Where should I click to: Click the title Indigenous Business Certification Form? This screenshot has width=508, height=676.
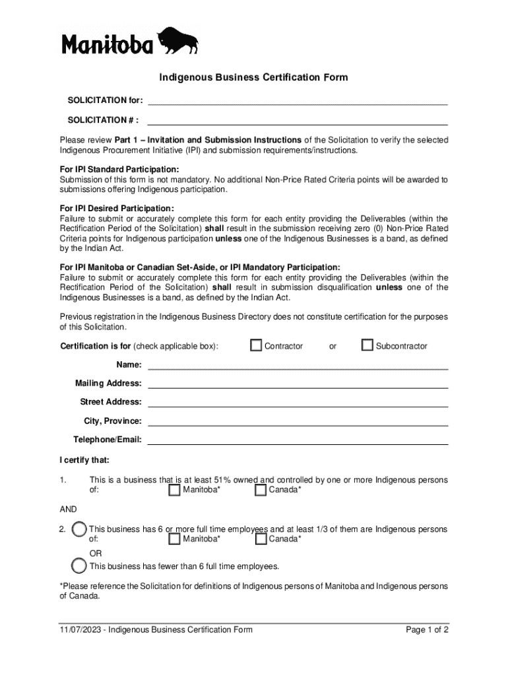253,78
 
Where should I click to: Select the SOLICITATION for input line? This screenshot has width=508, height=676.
298,100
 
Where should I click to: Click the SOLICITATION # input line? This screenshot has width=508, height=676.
298,120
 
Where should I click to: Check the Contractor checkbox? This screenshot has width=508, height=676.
257,345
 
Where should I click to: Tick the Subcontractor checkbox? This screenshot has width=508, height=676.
367,345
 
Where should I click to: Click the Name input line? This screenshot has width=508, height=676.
298,364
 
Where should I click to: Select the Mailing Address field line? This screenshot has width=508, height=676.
298,383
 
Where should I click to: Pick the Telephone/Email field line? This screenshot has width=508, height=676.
298,440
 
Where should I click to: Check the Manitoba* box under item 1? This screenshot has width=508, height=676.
174,490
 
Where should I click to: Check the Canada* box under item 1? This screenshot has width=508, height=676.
261,490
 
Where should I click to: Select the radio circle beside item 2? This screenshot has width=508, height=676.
79,529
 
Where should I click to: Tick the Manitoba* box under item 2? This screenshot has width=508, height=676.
174,539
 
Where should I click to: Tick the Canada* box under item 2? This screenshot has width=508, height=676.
261,539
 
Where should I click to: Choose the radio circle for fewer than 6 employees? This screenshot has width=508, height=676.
79,566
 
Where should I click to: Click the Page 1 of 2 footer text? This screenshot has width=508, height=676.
428,630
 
